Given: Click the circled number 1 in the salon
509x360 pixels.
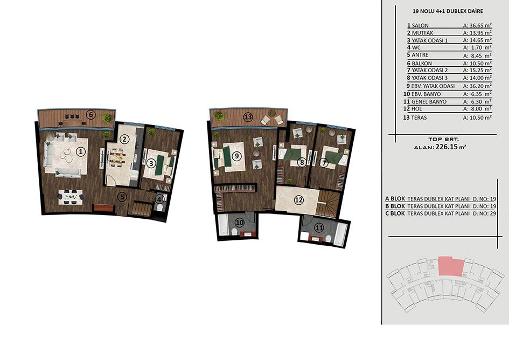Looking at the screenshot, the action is click(81, 151).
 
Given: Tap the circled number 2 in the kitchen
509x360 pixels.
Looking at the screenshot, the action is click(124, 140).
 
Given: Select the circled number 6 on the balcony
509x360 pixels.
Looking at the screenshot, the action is click(91, 115).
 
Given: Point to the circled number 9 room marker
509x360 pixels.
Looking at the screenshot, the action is click(237, 156).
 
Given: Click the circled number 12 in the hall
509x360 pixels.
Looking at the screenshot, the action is click(298, 200).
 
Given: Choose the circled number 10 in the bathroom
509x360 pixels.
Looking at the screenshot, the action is click(240, 223).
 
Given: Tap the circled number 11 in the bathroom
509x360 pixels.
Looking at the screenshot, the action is click(319, 228).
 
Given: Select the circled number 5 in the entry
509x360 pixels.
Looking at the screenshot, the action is click(122, 197).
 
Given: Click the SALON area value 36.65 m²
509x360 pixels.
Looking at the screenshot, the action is click(477, 25).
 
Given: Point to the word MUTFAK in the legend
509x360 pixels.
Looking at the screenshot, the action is click(422, 33).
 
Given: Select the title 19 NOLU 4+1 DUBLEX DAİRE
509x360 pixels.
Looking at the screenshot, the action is click(448, 11).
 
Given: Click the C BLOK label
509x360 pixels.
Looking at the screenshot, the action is click(395, 213).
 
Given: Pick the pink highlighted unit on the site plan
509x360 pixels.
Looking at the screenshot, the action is click(451, 266).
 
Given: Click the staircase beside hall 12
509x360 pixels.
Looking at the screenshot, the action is click(328, 203).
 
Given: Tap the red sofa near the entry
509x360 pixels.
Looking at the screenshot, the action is click(104, 207).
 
